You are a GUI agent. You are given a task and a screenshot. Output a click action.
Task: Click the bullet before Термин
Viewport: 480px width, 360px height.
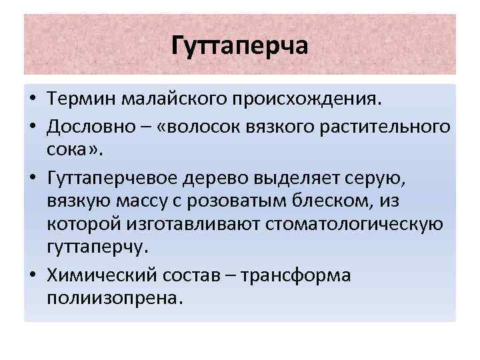[x=31, y=100]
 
